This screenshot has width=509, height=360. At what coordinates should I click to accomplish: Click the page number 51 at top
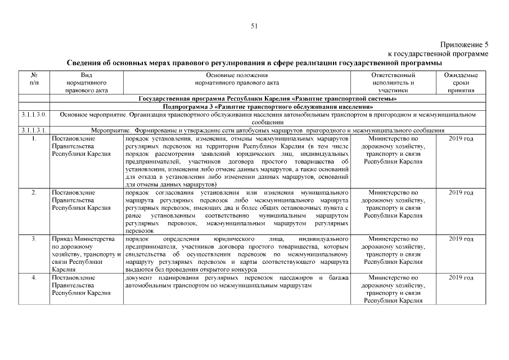tap(254, 25)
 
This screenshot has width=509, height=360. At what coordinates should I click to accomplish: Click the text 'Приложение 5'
tap(465, 44)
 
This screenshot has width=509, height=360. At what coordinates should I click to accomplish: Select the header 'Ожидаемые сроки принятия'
tap(461, 82)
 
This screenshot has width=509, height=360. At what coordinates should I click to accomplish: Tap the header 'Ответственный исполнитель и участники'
tap(393, 82)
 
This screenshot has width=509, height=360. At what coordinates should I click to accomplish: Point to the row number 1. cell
tap(34, 138)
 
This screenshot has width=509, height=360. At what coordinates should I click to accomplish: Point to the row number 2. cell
tap(34, 192)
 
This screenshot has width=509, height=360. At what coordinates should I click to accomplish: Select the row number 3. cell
tap(34, 239)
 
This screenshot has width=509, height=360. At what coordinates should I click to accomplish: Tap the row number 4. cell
tap(34, 278)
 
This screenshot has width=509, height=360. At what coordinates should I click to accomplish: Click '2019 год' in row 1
tap(461, 138)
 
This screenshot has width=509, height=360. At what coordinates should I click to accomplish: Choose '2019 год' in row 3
tap(461, 239)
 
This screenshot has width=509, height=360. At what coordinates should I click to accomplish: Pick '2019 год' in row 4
tap(461, 278)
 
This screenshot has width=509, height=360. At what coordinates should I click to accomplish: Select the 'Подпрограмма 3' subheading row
tap(268, 106)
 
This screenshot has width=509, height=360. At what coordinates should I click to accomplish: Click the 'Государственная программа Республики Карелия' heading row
tap(268, 98)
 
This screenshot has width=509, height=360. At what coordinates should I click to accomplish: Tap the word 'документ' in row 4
tap(138, 278)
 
